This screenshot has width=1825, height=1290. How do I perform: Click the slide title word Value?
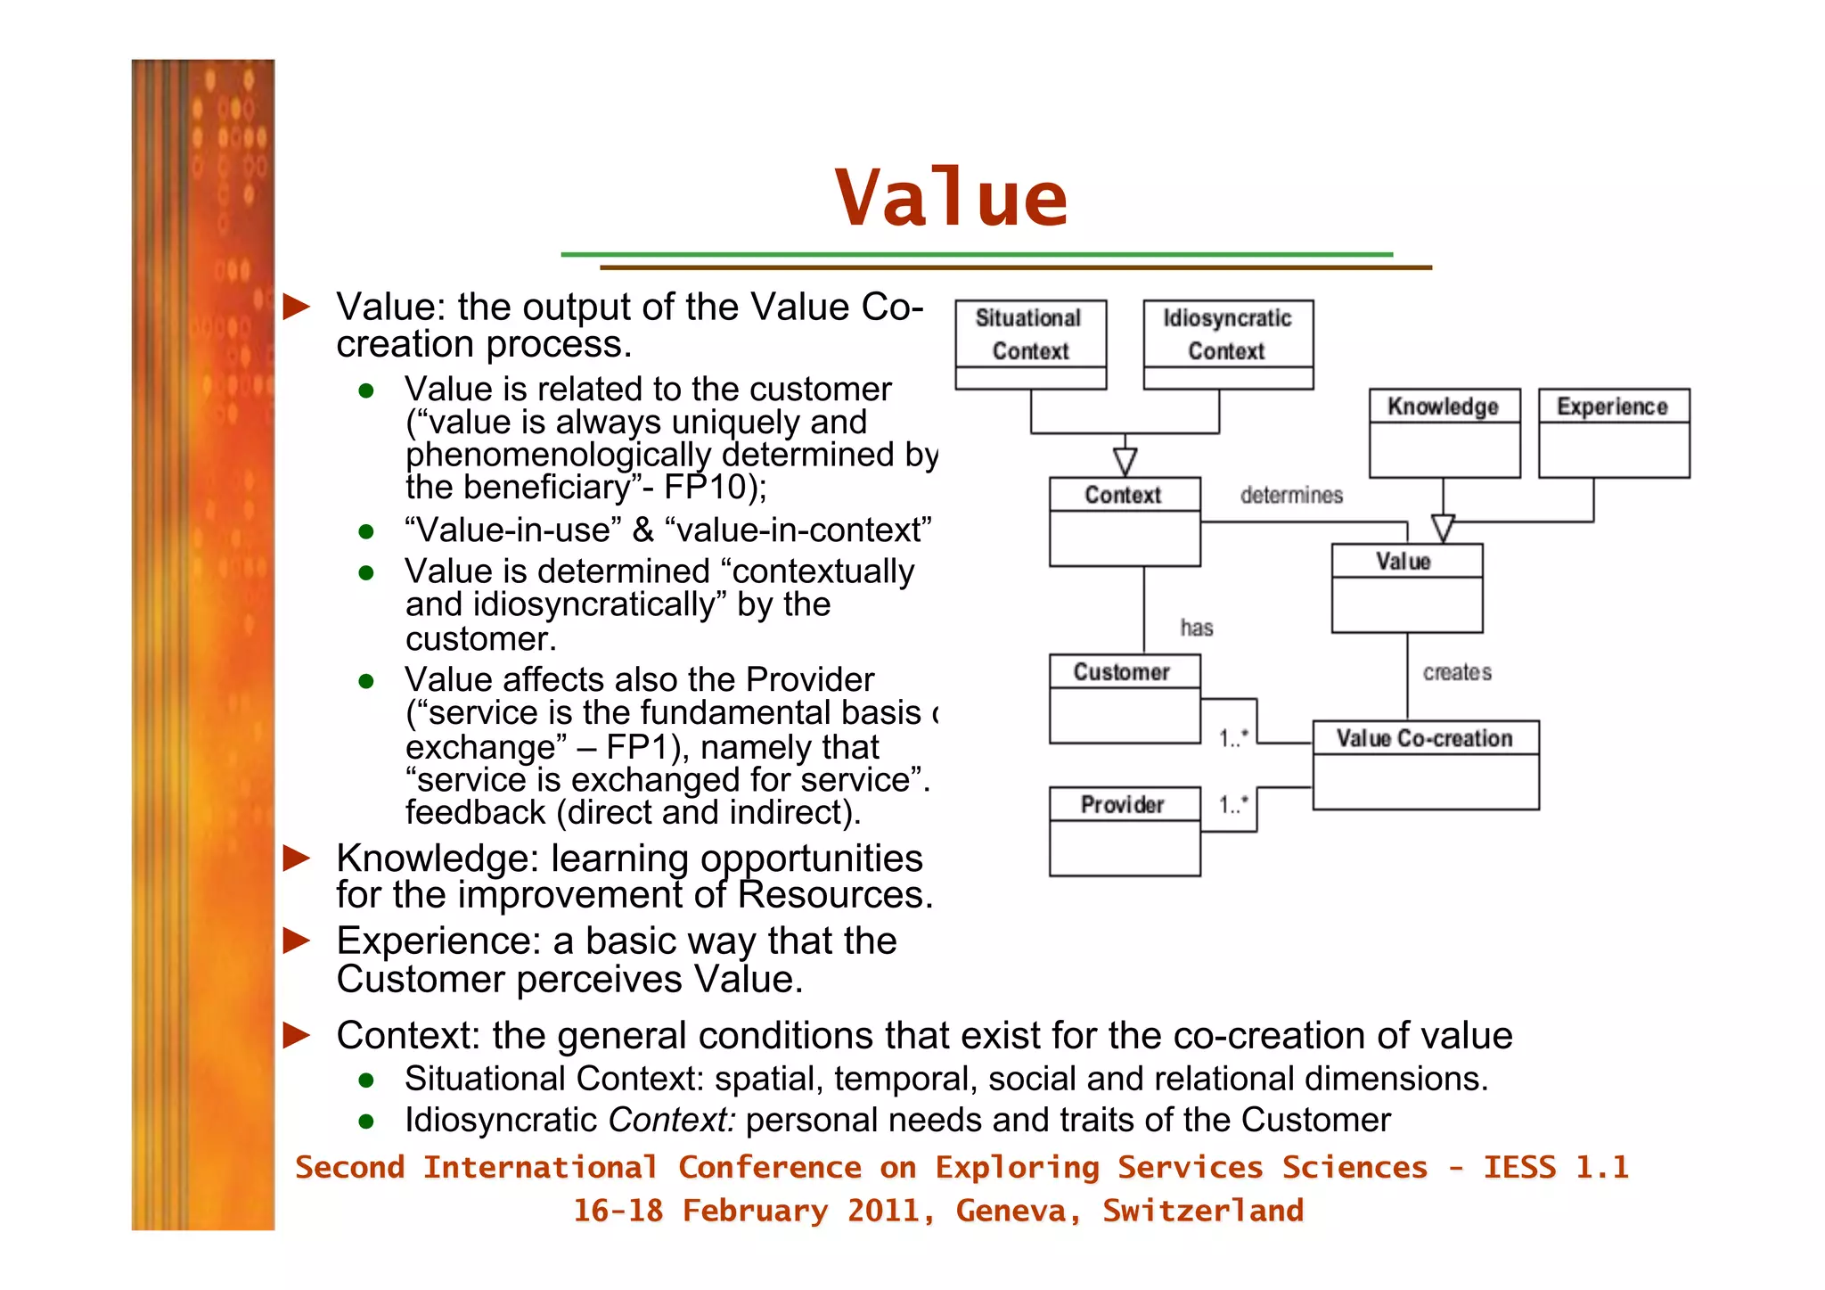pos(951,198)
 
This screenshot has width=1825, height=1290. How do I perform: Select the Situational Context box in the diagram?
pos(1030,335)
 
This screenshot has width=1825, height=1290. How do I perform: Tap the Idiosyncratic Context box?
pos(1227,335)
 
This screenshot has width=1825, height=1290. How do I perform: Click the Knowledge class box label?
pos(1443,407)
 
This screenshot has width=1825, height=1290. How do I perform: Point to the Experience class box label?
pos(1612,407)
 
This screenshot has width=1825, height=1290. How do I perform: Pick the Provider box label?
pos(1123,805)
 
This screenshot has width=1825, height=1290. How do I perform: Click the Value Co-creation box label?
pos(1424,738)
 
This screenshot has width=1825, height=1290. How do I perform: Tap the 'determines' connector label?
pos(1291,495)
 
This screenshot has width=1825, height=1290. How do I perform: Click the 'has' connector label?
pos(1197,629)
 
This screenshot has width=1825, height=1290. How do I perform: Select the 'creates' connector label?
pos(1457,672)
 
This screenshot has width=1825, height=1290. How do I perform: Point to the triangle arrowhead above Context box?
pos(1125,462)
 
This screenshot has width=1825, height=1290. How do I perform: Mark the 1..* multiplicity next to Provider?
pos(1233,805)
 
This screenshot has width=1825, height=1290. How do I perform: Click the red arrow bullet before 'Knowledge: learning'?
pos(297,859)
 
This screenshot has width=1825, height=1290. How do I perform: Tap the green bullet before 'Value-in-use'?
pos(365,532)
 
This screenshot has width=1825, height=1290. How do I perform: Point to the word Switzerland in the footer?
pos(1202,1211)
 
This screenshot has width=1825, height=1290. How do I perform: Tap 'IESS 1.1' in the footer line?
pos(1556,1168)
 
